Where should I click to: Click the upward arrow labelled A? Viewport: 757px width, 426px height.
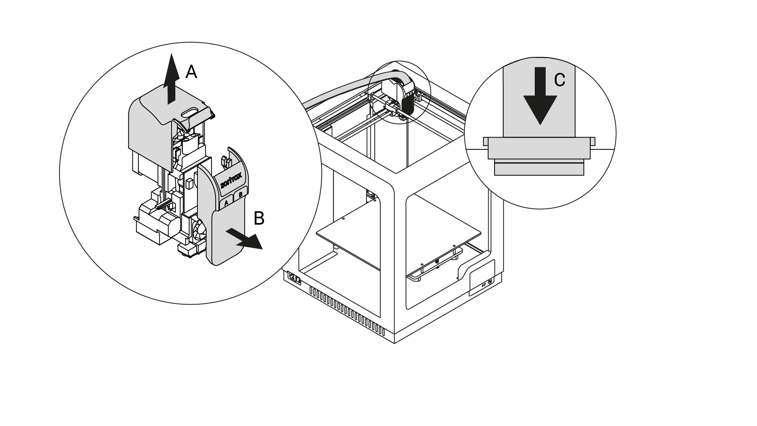[x=171, y=79]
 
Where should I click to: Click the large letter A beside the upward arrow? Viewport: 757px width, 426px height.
[x=191, y=72]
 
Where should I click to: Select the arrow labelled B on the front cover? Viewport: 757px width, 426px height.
[x=244, y=240]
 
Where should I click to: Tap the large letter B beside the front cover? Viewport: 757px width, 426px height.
[x=259, y=218]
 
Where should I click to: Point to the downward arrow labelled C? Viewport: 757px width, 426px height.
[x=540, y=96]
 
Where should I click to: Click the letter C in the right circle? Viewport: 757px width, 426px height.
[x=560, y=80]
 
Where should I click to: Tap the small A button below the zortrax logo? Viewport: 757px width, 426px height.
[x=226, y=203]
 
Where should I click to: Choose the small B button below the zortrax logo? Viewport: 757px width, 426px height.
[x=240, y=194]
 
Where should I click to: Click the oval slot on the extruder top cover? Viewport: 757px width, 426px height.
[x=190, y=112]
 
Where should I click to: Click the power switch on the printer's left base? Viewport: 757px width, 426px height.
[x=294, y=278]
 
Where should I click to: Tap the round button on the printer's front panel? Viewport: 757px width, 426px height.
[x=490, y=282]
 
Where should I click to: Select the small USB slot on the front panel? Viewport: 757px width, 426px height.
[x=484, y=285]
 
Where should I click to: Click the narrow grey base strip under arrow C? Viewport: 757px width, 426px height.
[x=539, y=169]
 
